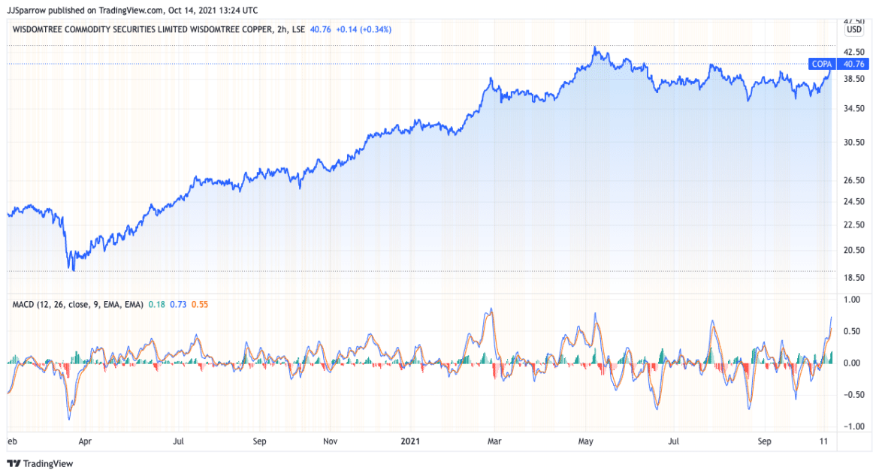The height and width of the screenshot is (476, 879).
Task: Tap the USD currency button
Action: point(854,30)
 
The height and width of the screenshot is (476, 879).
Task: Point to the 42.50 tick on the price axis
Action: point(854,52)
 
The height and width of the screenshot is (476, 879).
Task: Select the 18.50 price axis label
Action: point(854,278)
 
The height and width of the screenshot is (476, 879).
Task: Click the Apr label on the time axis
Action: point(85,442)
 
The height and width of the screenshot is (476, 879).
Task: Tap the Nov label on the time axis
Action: point(329,442)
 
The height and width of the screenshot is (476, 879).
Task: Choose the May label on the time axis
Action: point(587,442)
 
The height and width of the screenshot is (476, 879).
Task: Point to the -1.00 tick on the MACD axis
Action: point(853,426)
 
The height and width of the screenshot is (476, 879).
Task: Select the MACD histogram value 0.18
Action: point(157,304)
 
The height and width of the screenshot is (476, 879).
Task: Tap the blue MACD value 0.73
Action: point(178,304)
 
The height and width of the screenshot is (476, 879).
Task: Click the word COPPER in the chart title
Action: point(242,29)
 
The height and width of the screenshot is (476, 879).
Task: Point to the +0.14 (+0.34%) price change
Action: point(363,29)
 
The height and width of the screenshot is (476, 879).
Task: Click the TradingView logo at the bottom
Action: point(41,463)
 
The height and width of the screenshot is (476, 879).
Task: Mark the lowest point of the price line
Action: point(73,269)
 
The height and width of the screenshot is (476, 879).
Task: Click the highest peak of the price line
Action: point(594,47)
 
